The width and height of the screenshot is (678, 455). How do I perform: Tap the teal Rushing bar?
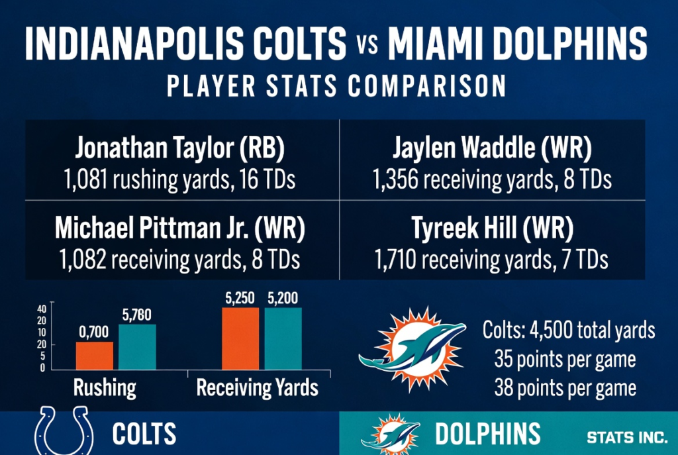point(137,346)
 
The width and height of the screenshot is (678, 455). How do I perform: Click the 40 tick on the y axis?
point(42,309)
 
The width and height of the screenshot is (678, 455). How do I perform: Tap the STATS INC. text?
point(626,438)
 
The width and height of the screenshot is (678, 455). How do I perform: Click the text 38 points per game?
point(565,388)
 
